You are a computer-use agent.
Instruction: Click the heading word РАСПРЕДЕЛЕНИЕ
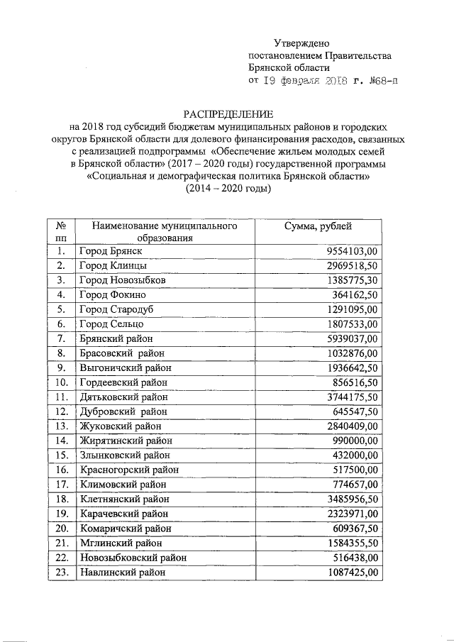pos(228,114)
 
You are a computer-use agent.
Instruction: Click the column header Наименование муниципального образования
pos(164,232)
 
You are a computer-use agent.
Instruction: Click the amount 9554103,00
pos(353,251)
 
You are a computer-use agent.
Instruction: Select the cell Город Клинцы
pos(113,265)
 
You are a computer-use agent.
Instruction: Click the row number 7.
pos(62,338)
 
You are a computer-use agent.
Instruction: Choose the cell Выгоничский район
pos(126,367)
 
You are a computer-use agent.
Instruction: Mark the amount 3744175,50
pos(353,397)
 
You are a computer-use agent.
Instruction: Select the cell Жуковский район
pos(121,426)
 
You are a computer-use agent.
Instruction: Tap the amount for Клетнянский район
pos(353,499)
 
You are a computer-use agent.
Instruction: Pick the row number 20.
pos(62,528)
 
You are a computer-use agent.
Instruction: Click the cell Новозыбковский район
pos(133,558)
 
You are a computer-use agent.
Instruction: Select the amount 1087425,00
pos(353,572)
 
